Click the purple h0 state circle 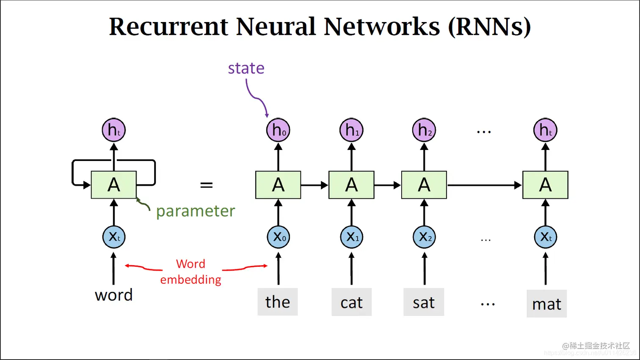278,130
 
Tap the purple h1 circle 351,130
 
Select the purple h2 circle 424,130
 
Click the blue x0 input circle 279,237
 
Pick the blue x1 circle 352,237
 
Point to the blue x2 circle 424,237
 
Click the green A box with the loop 114,185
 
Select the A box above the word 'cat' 351,185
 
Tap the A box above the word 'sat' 424,185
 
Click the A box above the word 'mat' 545,185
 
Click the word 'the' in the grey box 278,302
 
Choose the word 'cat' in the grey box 351,302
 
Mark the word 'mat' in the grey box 546,304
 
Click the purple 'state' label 246,68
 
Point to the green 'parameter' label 195,211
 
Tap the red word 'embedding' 190,280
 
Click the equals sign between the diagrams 206,185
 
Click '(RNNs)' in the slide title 489,27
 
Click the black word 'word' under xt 113,295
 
